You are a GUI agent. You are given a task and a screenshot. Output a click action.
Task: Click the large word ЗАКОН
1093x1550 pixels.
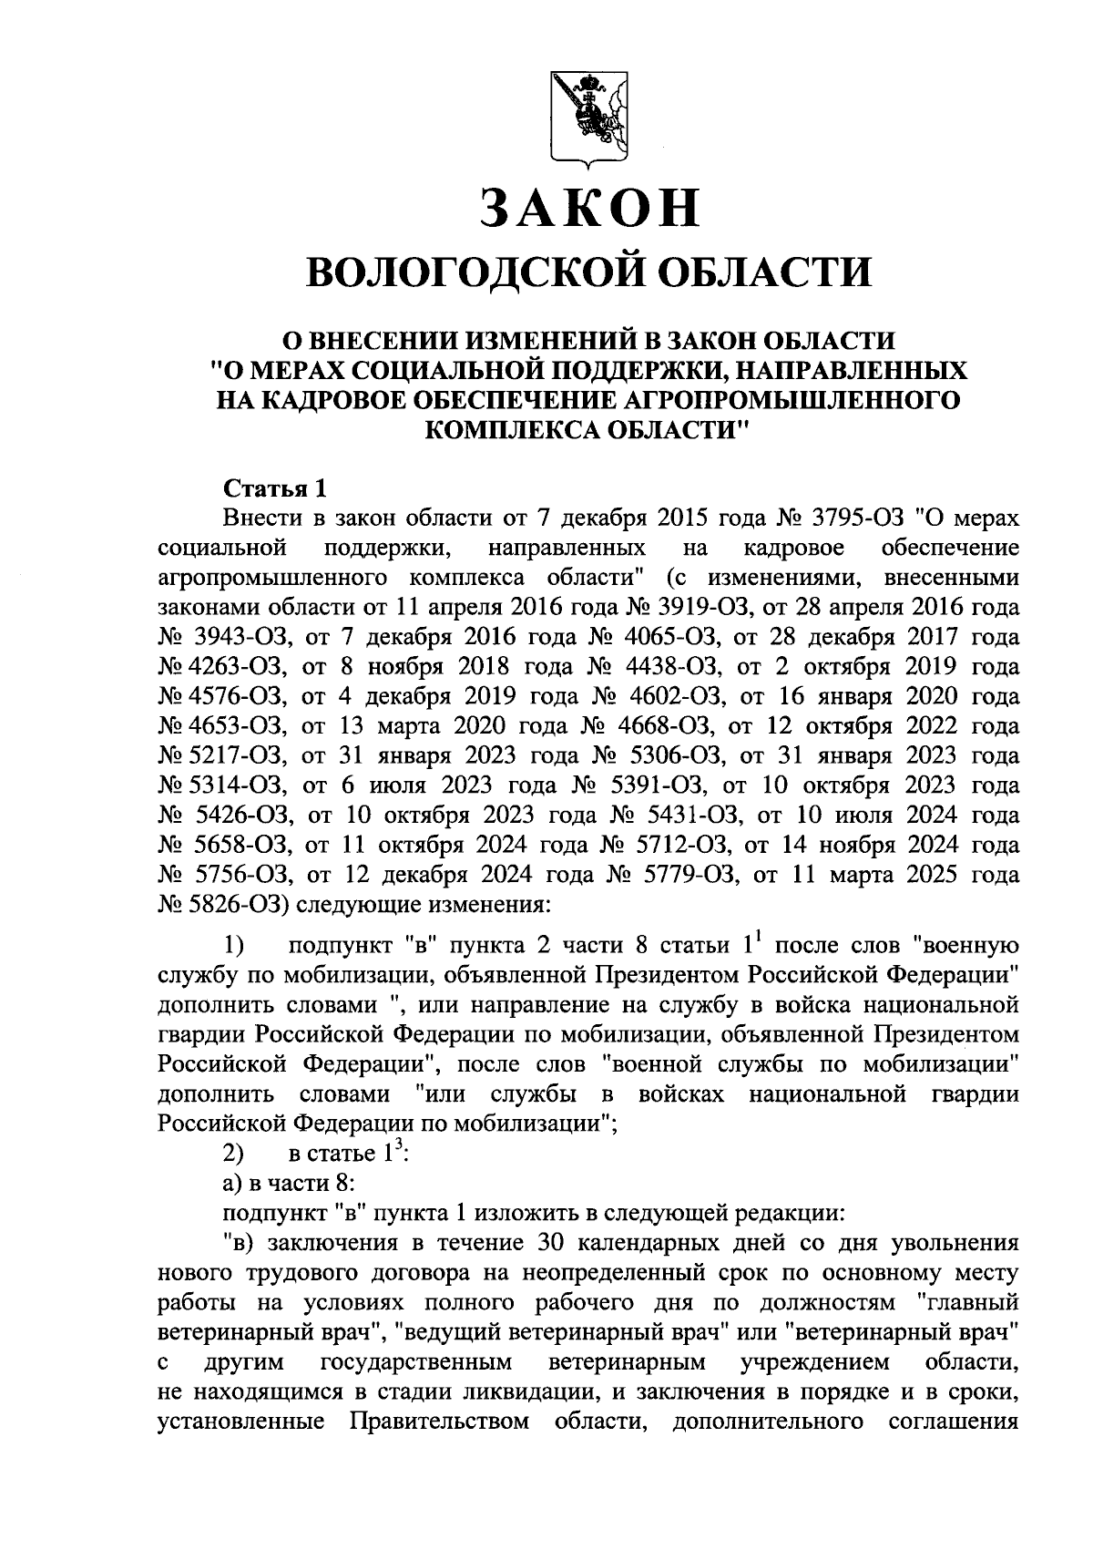[590, 208]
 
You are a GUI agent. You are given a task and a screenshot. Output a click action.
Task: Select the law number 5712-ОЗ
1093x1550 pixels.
[686, 845]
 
